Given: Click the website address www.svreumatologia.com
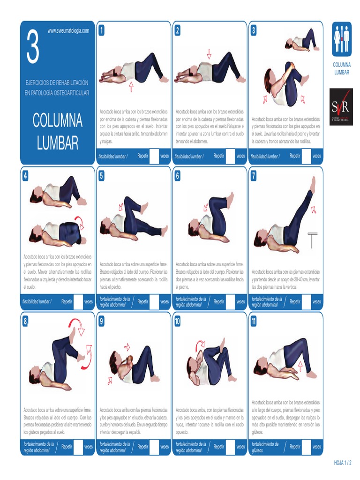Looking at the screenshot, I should point(68,30).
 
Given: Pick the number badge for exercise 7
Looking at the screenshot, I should point(254,176).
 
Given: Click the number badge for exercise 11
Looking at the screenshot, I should point(254,322).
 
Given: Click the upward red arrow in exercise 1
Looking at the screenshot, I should point(131,85).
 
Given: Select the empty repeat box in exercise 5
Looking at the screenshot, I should point(154,302).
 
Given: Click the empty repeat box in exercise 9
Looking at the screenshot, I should point(154,447).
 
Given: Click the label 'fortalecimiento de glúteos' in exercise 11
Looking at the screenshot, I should point(265,447).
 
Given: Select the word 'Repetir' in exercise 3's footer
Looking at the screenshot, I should point(295,156).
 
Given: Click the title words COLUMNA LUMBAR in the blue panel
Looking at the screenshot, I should point(57,132).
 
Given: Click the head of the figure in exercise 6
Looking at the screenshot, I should point(194,230).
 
